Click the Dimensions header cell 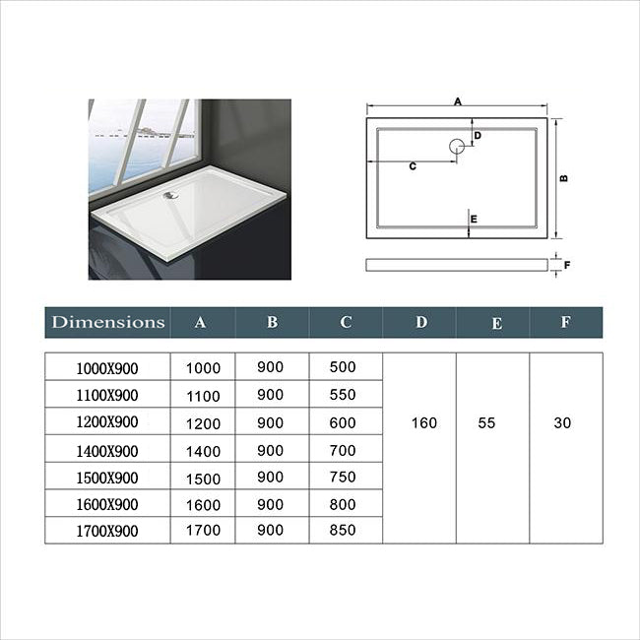click(108, 322)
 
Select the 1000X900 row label click(107, 368)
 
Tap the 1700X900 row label click(107, 531)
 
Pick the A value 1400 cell click(203, 450)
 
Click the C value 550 click(342, 395)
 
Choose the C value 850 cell click(342, 531)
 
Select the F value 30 click(562, 423)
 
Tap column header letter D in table click(421, 322)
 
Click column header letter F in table click(564, 322)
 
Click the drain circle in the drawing click(458, 148)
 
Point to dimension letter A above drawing click(458, 100)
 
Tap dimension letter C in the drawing click(413, 166)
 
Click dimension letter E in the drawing click(474, 219)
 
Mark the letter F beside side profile click(568, 264)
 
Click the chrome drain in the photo click(170, 194)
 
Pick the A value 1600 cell click(203, 504)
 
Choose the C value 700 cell click(342, 450)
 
